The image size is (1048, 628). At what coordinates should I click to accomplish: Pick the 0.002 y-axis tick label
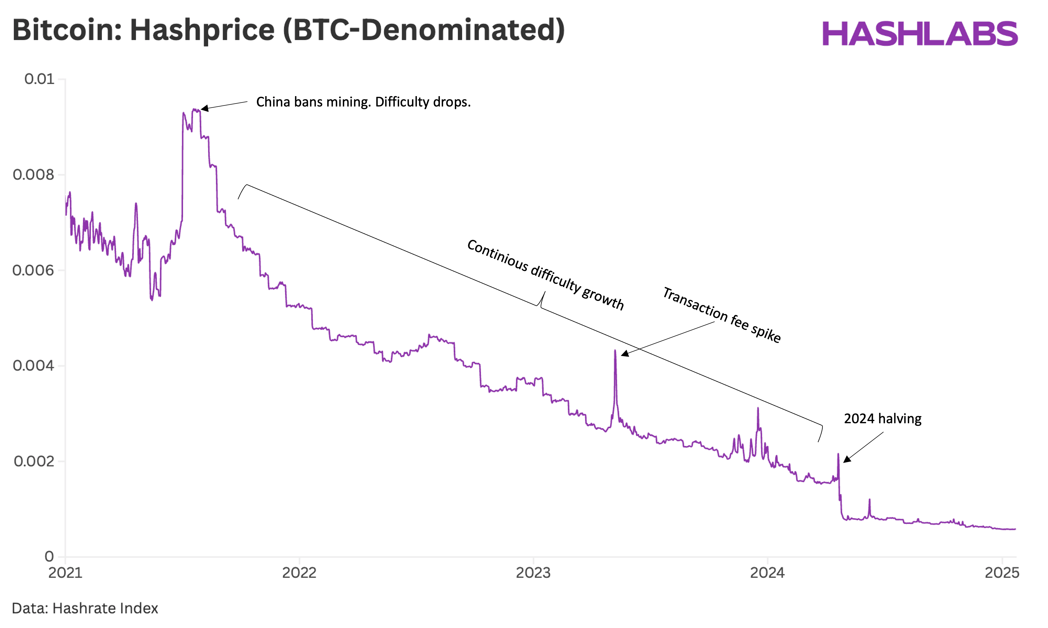pos(34,461)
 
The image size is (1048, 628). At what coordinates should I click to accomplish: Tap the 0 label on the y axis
pos(49,556)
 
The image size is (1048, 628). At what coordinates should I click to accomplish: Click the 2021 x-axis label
pos(65,573)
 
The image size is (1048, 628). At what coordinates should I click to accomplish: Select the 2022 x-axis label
pos(299,573)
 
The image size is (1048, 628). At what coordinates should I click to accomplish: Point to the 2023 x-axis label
pos(533,573)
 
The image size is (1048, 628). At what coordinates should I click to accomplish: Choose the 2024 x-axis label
pos(767,573)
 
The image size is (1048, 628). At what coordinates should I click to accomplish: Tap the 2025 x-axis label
pos(1002,573)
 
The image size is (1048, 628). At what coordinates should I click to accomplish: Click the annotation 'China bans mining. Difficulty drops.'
pos(363,102)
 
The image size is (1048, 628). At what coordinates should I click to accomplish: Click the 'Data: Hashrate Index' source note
pos(85,608)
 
